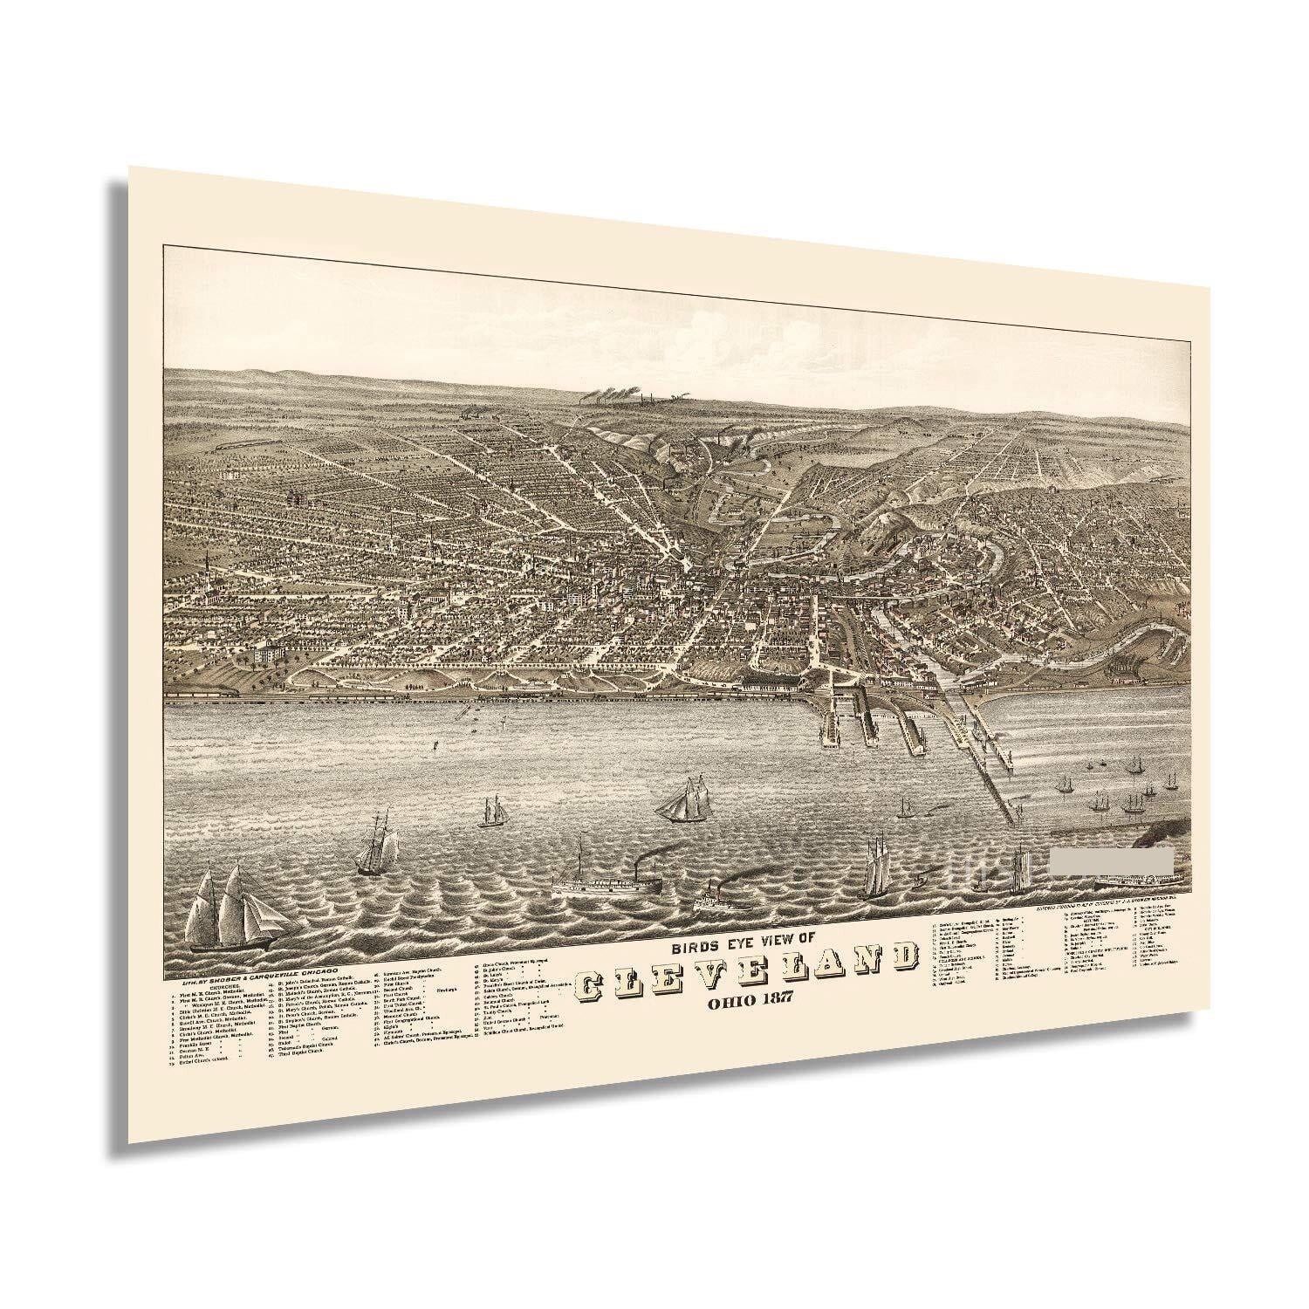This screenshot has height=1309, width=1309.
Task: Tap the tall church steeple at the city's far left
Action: (x=207, y=560)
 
